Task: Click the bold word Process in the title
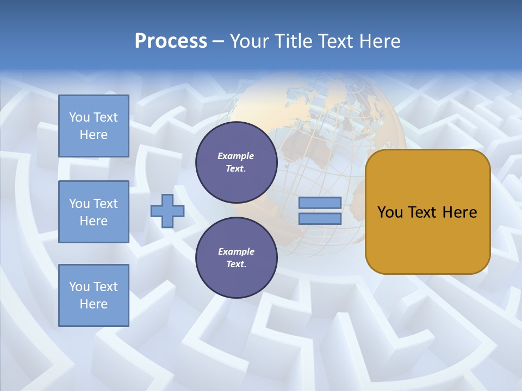pos(171,41)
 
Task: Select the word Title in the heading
pos(294,41)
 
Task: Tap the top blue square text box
pos(94,126)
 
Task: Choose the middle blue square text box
pos(94,212)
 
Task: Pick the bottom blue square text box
pos(94,295)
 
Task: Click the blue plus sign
pos(167,211)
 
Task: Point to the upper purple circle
pos(236,162)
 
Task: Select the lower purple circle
pos(236,257)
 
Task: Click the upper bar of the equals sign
pos(320,203)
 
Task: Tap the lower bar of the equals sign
pos(320,219)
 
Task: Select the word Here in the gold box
pos(459,212)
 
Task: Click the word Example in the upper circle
pos(236,156)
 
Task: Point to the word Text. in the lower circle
pos(236,264)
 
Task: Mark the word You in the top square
pos(79,117)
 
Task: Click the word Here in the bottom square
pos(94,304)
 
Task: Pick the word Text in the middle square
pos(105,204)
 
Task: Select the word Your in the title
pos(250,41)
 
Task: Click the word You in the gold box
pos(390,212)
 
